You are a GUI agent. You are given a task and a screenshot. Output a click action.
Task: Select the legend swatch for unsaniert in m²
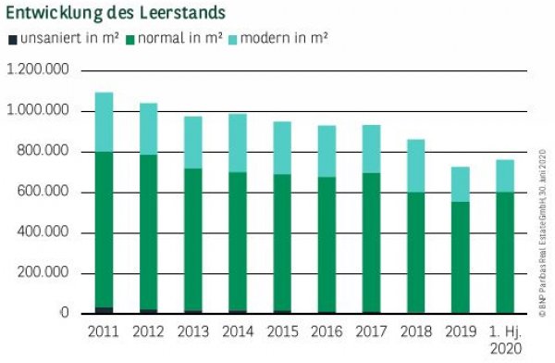[12, 39]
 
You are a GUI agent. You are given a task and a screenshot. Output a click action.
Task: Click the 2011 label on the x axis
[104, 331]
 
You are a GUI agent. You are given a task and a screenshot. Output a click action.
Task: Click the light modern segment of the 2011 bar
[104, 122]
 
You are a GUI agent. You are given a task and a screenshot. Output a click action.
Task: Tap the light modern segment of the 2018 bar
[418, 166]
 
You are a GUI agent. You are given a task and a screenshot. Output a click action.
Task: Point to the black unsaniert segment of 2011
[104, 310]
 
